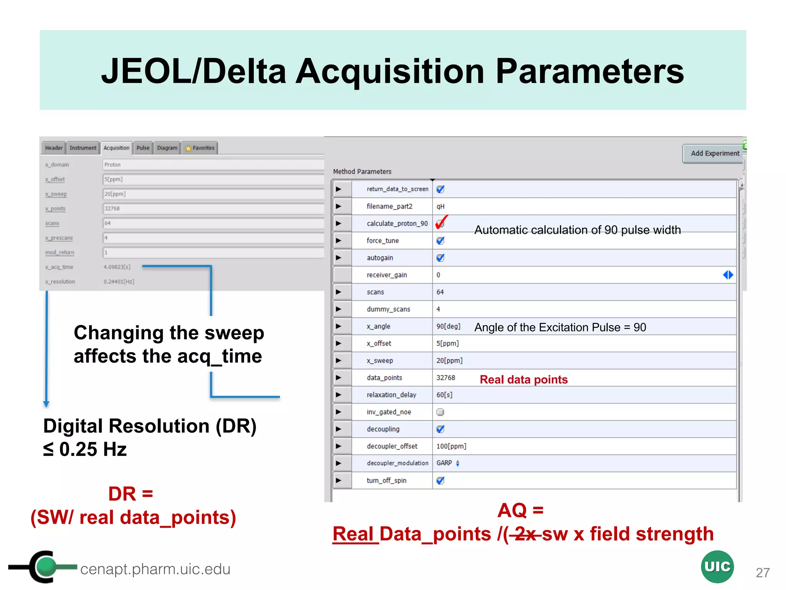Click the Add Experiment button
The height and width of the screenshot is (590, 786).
click(x=714, y=153)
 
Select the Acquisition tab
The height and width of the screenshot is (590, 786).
click(x=116, y=148)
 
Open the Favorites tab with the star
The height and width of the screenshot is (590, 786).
click(x=200, y=148)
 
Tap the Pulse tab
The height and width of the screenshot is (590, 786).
click(x=143, y=148)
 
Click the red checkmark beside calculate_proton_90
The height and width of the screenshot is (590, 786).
click(x=441, y=222)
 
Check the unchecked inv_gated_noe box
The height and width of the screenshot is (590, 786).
click(x=440, y=412)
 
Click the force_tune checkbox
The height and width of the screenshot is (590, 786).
click(x=440, y=240)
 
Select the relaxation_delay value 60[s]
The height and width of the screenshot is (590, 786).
click(x=444, y=395)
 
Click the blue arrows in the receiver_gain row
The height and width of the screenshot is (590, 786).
click(x=728, y=275)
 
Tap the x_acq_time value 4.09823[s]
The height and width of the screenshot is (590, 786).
click(x=117, y=267)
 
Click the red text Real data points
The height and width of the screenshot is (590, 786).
click(x=523, y=380)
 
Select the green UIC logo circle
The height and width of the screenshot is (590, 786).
click(x=717, y=567)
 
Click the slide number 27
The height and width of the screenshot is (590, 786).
click(x=763, y=573)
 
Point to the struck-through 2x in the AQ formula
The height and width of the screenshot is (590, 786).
click(x=525, y=534)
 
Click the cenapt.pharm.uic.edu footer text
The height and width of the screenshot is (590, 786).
click(x=155, y=569)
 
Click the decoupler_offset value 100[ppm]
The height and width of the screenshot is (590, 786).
click(x=451, y=446)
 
